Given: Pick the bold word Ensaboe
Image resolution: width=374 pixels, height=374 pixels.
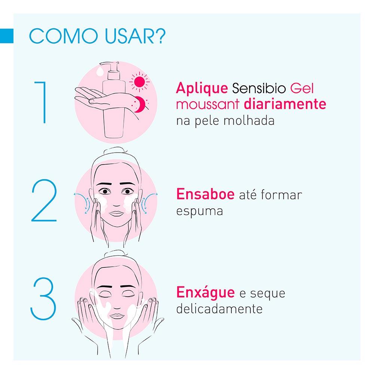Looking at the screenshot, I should tap(205, 194).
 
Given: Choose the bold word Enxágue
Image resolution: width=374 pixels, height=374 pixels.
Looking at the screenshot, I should tap(205, 293).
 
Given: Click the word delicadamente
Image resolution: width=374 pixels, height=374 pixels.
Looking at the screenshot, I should tap(219, 309).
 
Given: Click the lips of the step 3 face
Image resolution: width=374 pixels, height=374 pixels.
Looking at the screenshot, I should tap(117, 316).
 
